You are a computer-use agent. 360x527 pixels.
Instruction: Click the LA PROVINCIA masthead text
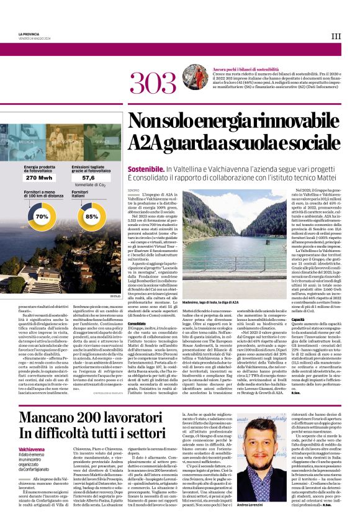coord(29,34)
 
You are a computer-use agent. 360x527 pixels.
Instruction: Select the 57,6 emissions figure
coord(88,178)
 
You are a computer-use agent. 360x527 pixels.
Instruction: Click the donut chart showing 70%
coord(42,217)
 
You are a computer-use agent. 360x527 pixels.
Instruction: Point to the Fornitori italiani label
coord(81,194)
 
